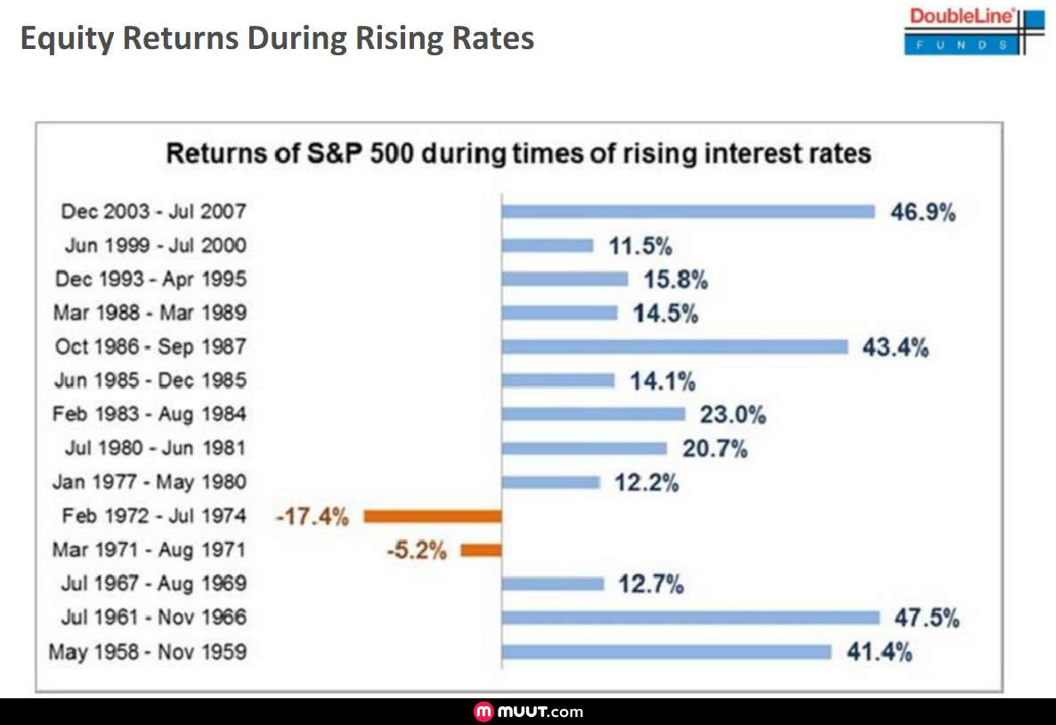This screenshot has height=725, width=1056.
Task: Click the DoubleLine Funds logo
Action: (x=974, y=31)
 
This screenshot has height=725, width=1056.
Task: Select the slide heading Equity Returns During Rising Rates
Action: (x=277, y=38)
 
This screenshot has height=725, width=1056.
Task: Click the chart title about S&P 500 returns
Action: (x=518, y=153)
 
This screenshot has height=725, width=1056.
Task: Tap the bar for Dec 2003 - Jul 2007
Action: (x=688, y=211)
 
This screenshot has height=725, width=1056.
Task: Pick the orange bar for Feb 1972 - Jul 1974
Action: (x=433, y=516)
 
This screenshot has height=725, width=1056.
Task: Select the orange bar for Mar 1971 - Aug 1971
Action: (x=481, y=550)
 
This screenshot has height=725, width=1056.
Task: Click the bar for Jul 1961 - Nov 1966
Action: (x=690, y=617)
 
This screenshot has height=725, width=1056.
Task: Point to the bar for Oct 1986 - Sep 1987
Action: (x=674, y=346)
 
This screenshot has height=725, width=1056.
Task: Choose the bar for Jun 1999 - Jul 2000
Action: (x=547, y=245)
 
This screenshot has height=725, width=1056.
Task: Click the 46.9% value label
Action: (x=922, y=212)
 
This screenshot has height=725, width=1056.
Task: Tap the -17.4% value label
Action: (x=312, y=517)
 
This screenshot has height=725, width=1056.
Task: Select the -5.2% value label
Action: (x=416, y=551)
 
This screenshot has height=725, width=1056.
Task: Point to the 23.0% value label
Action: (x=733, y=414)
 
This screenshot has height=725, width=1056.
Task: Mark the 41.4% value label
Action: (x=880, y=652)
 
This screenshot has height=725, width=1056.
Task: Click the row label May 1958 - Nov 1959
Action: (x=147, y=653)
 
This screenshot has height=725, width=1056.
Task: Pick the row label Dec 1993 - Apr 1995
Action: (x=150, y=280)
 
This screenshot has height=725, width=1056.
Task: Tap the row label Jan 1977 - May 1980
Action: (x=149, y=483)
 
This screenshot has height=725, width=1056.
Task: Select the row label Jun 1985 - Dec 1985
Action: (x=150, y=381)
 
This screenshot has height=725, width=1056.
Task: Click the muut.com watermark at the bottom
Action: (x=529, y=712)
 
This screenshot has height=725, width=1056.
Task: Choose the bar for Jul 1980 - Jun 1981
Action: (x=583, y=448)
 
